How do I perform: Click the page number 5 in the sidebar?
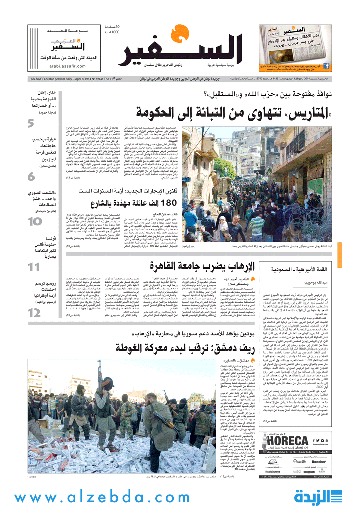click(x=31, y=123)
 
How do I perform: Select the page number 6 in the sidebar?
click(x=31, y=176)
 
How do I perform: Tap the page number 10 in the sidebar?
click(x=34, y=221)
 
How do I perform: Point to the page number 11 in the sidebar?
click(x=34, y=267)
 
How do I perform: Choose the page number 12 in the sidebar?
click(x=34, y=313)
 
